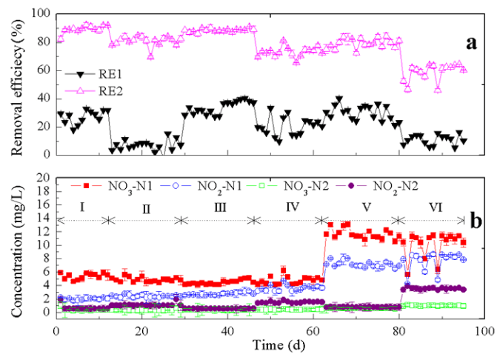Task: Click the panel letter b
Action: pos(477,220)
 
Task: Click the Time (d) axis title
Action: pos(271,344)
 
